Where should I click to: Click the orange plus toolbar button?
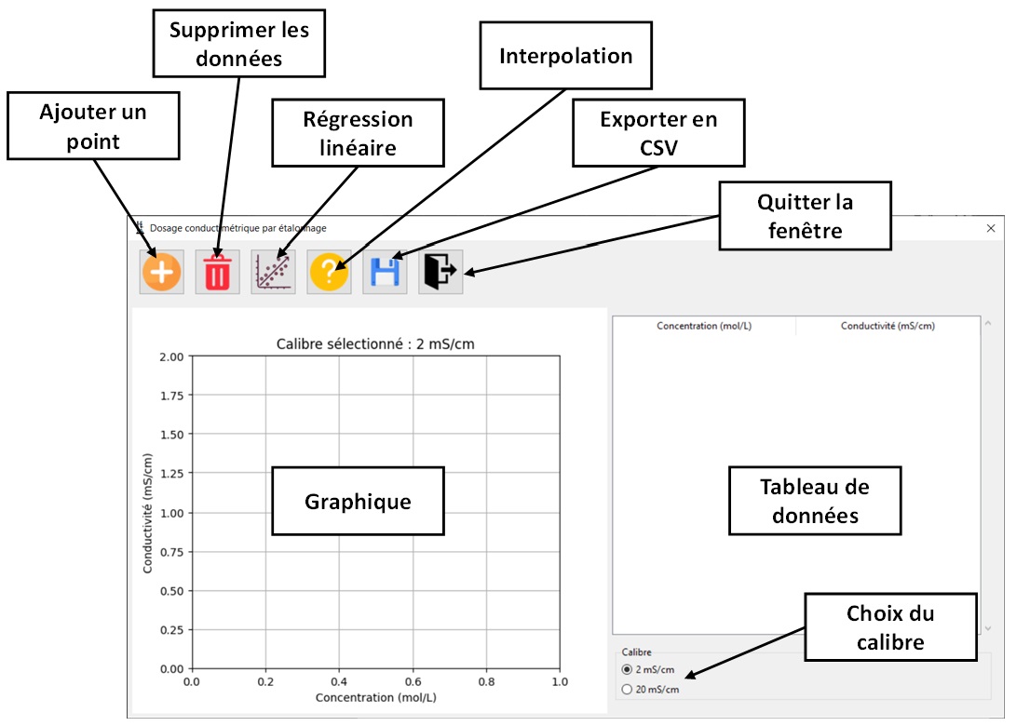tap(161, 273)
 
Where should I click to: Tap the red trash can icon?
tap(217, 273)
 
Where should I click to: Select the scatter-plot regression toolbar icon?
tap(273, 273)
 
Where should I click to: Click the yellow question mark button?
tap(329, 273)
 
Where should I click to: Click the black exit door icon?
tap(440, 273)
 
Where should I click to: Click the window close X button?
tap(991, 228)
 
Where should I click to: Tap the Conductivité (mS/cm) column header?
tap(887, 326)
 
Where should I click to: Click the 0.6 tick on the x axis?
tap(412, 681)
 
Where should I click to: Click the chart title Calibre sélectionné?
tap(375, 344)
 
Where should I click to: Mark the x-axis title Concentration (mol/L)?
tap(375, 697)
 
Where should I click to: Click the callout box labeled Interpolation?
tap(565, 56)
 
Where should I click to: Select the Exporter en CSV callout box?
tap(658, 134)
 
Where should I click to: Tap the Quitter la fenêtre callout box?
tap(805, 216)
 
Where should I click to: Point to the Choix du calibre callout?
tap(890, 628)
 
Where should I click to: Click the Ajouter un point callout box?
tap(92, 126)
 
